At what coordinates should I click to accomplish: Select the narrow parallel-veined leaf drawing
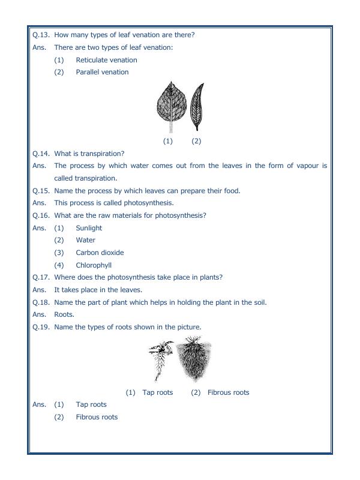(x=196, y=106)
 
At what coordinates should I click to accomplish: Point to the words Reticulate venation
(x=106, y=60)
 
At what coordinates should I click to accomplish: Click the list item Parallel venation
(x=102, y=72)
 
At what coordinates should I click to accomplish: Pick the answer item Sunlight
(x=89, y=228)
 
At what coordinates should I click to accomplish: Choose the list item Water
(x=85, y=240)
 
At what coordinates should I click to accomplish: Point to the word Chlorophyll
(x=94, y=265)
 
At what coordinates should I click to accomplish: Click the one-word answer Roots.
(x=64, y=314)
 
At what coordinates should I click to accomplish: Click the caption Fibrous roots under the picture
(x=228, y=392)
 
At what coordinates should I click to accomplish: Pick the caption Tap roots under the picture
(x=158, y=392)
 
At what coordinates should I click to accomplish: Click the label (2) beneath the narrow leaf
(x=196, y=141)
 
